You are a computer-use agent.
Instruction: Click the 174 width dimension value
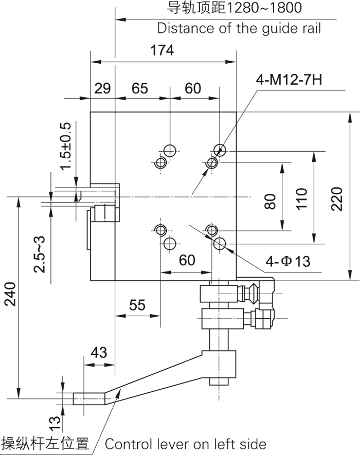pos(163,50)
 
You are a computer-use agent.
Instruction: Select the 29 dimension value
pos(103,88)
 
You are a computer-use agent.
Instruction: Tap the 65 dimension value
pos(140,88)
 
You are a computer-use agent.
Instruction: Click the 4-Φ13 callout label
pos(289,262)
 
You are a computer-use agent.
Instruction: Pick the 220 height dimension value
pos(337,198)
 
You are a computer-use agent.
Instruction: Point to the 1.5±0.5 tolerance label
pos(65,147)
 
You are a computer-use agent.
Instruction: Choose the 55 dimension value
pos(137,305)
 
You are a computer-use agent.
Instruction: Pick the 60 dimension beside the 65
pos(193,88)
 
